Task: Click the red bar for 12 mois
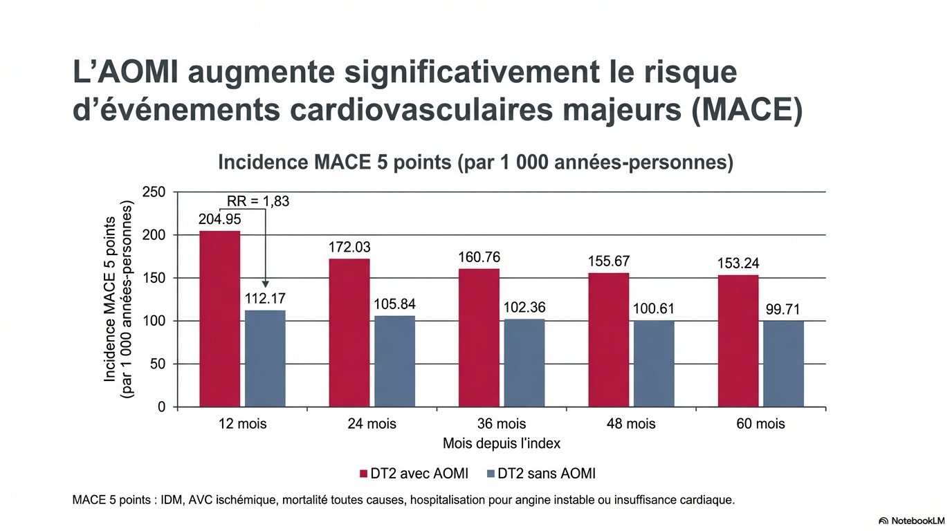(220, 319)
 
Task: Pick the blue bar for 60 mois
(783, 364)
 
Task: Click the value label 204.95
(219, 220)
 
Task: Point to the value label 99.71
(783, 309)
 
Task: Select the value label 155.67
(610, 261)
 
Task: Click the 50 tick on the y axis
(157, 364)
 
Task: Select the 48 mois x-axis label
(631, 424)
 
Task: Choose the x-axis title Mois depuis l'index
(502, 443)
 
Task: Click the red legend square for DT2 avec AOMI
(363, 474)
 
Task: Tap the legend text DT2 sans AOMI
(547, 474)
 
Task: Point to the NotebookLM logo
(911, 521)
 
